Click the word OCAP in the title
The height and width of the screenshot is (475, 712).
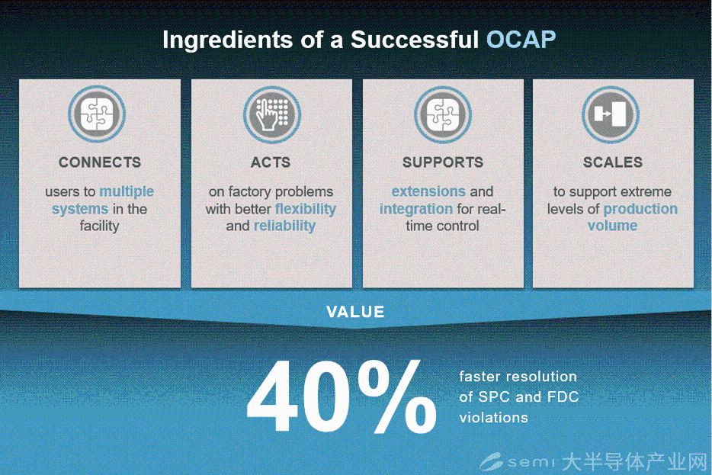point(521,40)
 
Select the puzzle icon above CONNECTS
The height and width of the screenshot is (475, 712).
point(97,114)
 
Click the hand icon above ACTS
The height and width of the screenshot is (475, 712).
point(271,114)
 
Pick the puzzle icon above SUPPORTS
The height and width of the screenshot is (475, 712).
point(443,114)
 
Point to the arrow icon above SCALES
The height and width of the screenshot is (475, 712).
point(611,114)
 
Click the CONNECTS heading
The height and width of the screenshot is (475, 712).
point(100,162)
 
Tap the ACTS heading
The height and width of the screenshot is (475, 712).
point(271,162)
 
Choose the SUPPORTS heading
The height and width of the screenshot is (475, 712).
point(443,162)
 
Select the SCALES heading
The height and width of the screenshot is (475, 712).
point(613,162)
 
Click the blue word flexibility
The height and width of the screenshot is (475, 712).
point(306,209)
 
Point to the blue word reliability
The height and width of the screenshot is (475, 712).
point(284,226)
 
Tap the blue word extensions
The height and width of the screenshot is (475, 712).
point(428,191)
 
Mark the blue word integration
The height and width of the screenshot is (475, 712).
point(416,209)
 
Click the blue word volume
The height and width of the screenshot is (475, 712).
point(613,226)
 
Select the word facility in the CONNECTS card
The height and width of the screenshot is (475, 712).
point(99,226)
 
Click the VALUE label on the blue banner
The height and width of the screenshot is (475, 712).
point(355,312)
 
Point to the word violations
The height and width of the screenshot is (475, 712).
point(493,417)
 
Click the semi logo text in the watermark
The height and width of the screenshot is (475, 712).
point(531,462)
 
